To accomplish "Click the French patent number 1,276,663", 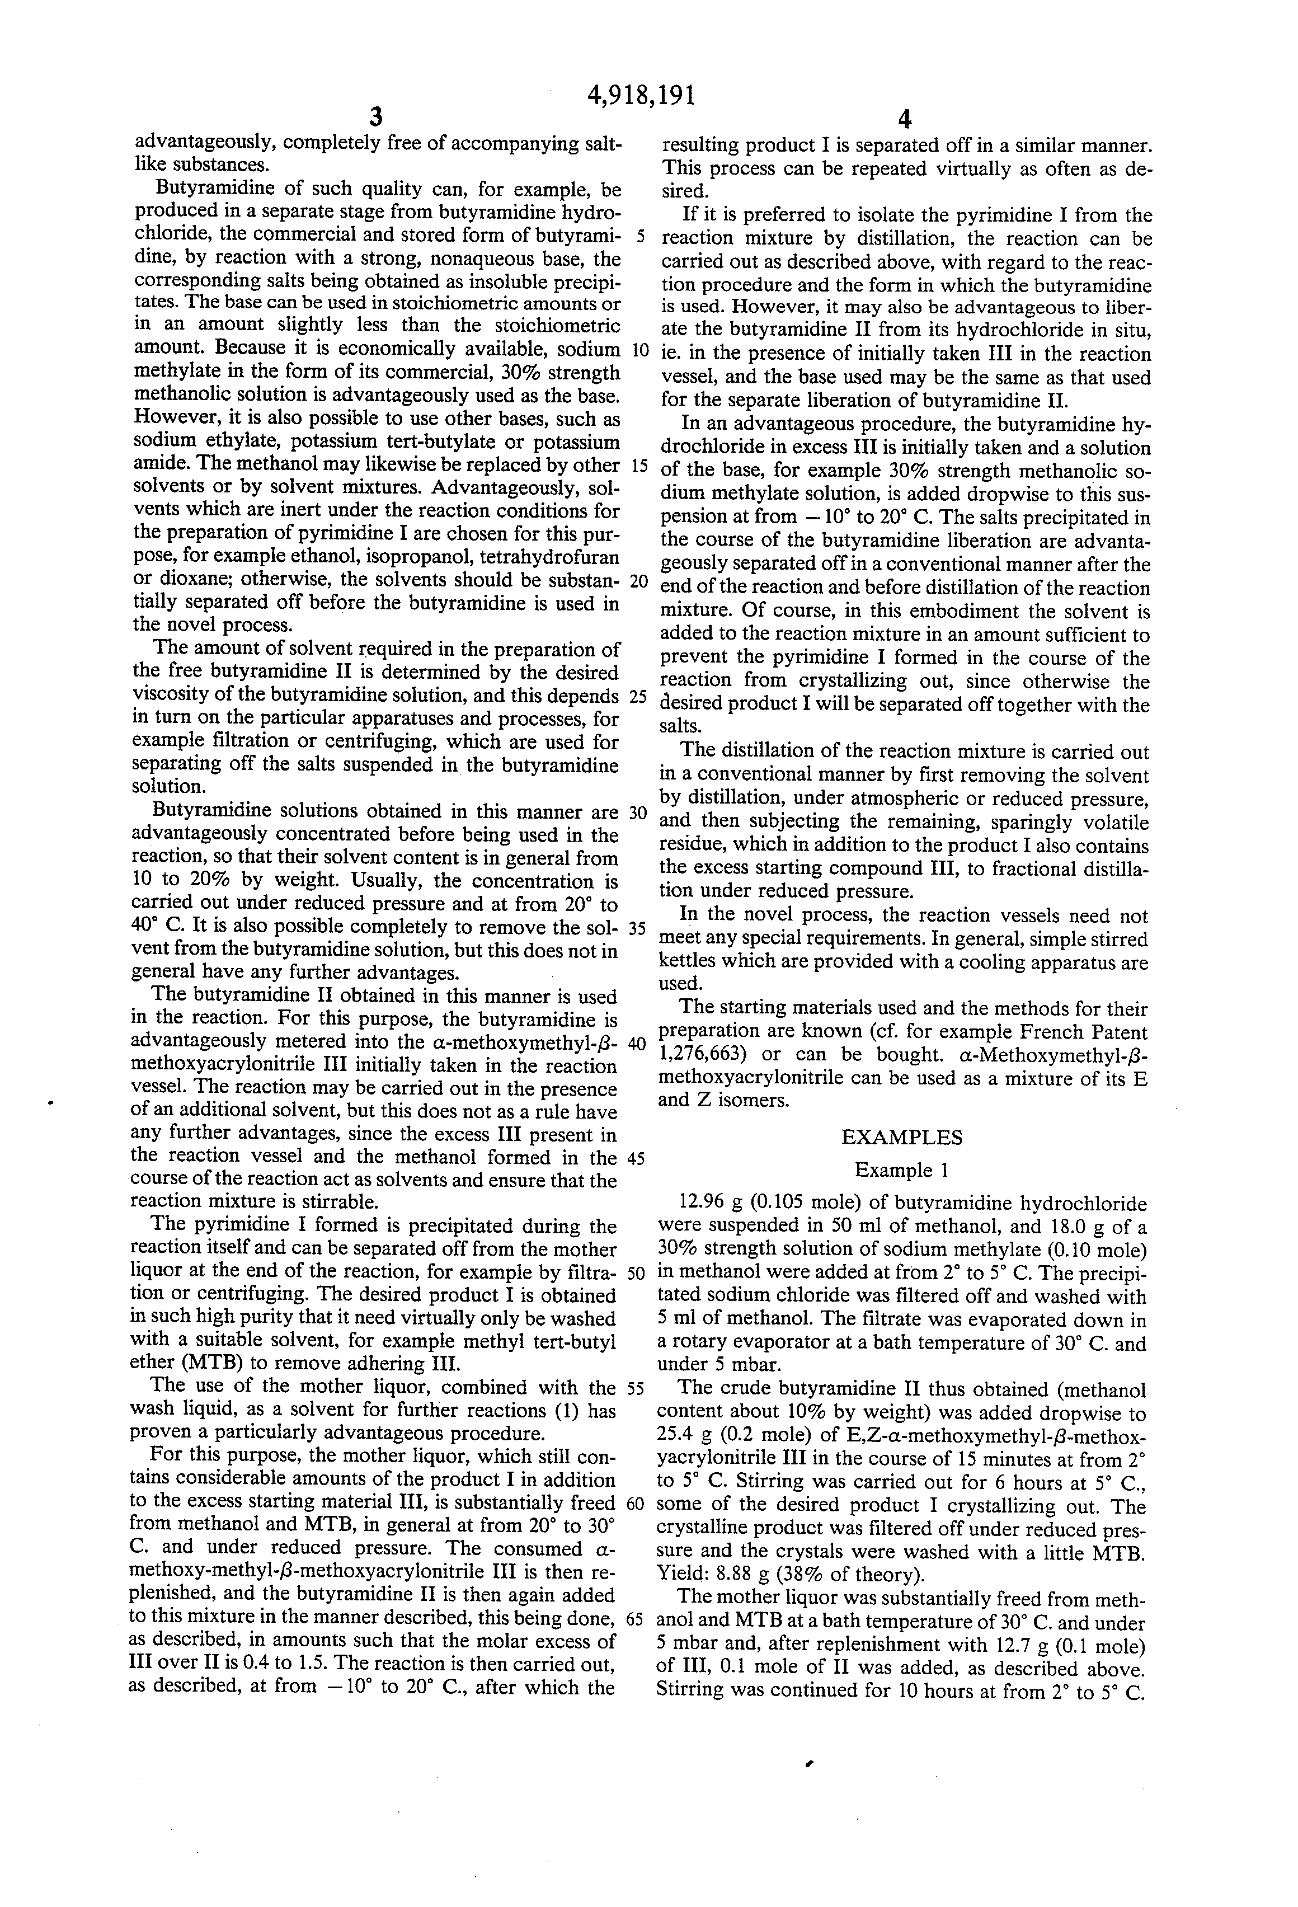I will coord(699,1054).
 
